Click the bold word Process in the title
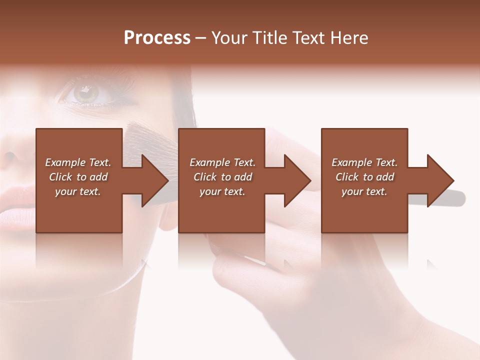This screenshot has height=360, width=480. pyautogui.click(x=157, y=37)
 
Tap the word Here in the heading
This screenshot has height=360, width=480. pyautogui.click(x=349, y=37)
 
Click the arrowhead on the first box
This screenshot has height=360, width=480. pyautogui.click(x=153, y=180)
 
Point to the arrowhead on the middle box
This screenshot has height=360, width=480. pyautogui.click(x=296, y=180)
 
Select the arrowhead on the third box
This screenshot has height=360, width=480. pyautogui.click(x=439, y=180)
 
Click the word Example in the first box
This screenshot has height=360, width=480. pyautogui.click(x=65, y=162)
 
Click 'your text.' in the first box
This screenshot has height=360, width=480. pyautogui.click(x=78, y=191)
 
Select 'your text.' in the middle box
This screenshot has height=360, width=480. pyautogui.click(x=222, y=191)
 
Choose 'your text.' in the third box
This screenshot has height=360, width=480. pyautogui.click(x=364, y=191)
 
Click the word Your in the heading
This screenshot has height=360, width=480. pyautogui.click(x=227, y=37)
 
